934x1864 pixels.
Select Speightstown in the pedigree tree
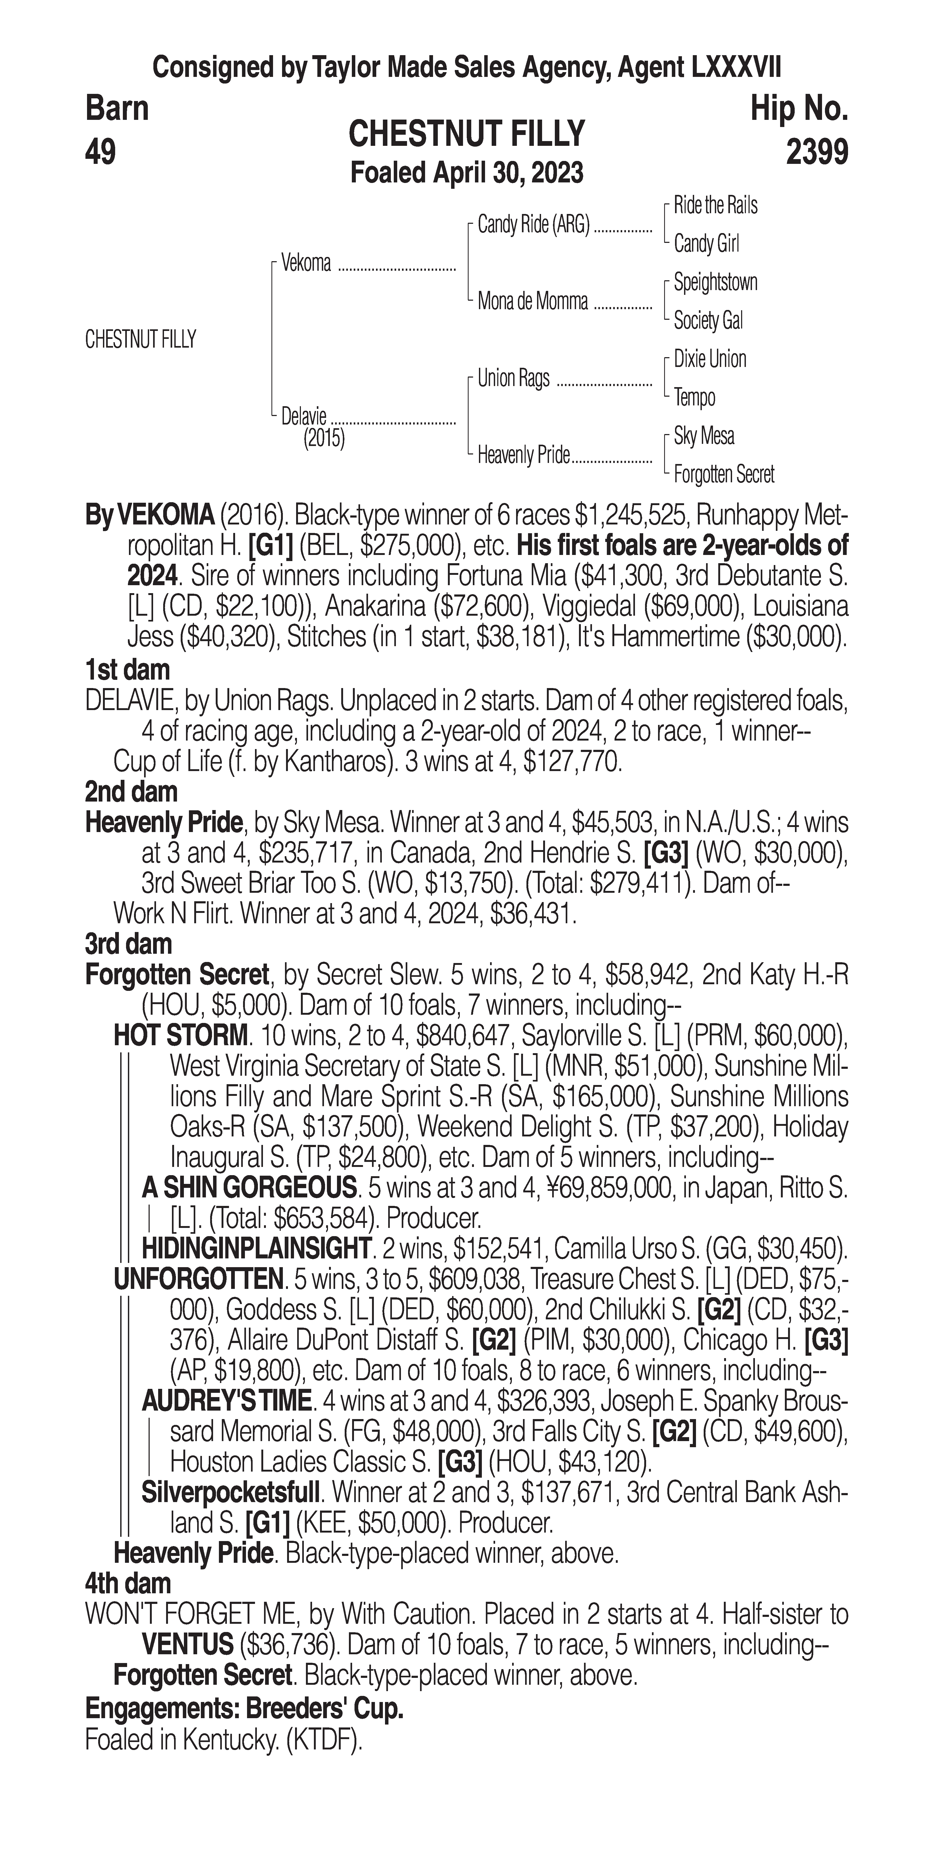tap(715, 282)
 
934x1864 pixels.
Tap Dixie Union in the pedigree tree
tap(710, 359)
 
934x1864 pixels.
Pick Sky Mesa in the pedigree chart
tap(704, 436)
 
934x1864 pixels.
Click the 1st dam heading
tap(127, 670)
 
